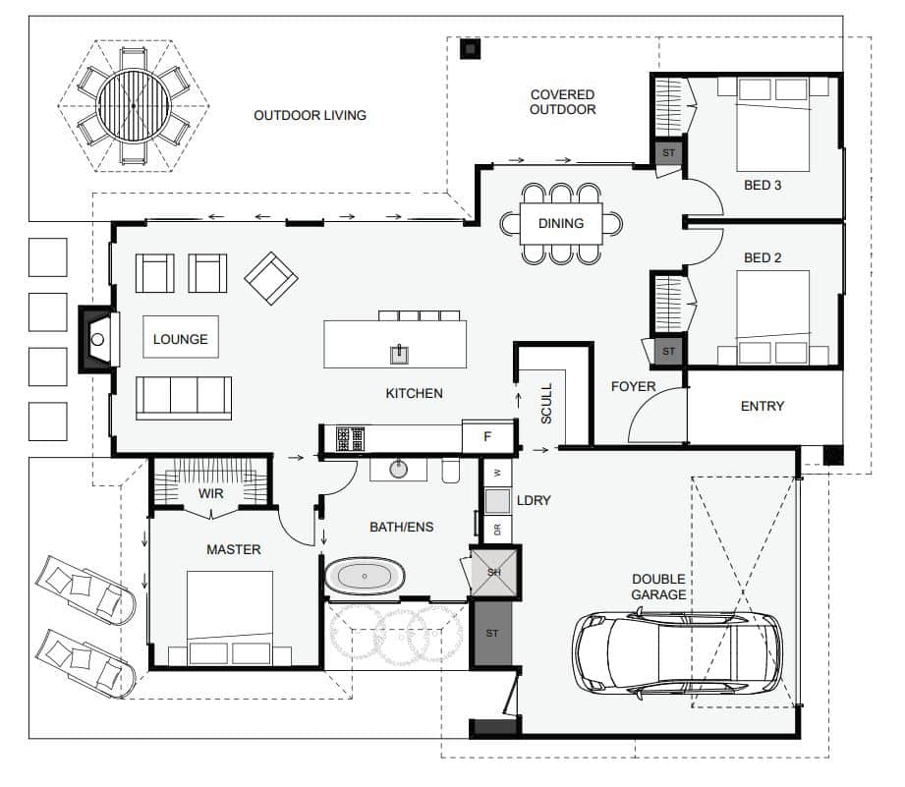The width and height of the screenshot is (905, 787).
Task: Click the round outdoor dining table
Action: coord(134,105)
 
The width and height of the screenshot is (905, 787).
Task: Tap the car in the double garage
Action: coord(677,652)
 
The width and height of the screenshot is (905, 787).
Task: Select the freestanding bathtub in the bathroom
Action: coord(365,576)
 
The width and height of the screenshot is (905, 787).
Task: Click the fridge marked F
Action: coord(487,437)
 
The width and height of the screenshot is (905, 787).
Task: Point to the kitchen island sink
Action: coord(399,354)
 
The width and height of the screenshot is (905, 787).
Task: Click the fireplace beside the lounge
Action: coord(99,339)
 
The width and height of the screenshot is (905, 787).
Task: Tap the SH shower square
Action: coord(494,573)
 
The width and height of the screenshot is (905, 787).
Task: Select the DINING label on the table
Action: coord(561,223)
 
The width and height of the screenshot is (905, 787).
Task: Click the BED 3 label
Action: coord(763,186)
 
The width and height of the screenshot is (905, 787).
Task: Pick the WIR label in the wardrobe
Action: coord(210,494)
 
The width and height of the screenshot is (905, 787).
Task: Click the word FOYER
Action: coord(633,386)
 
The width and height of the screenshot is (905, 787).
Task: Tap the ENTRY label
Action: coord(763,406)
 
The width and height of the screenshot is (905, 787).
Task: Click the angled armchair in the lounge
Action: coord(271,278)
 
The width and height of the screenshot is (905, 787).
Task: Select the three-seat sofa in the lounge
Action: coord(184,398)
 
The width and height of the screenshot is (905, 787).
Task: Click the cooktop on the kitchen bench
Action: coord(351,439)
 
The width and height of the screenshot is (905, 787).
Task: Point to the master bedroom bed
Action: coord(230,617)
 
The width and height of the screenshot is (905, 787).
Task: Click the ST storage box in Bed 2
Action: coord(668,351)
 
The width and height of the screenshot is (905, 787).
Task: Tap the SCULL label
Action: coord(546,404)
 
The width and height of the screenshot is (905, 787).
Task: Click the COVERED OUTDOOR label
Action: coord(563,102)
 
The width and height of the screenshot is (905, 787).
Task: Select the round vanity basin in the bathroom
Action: coord(398,469)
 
